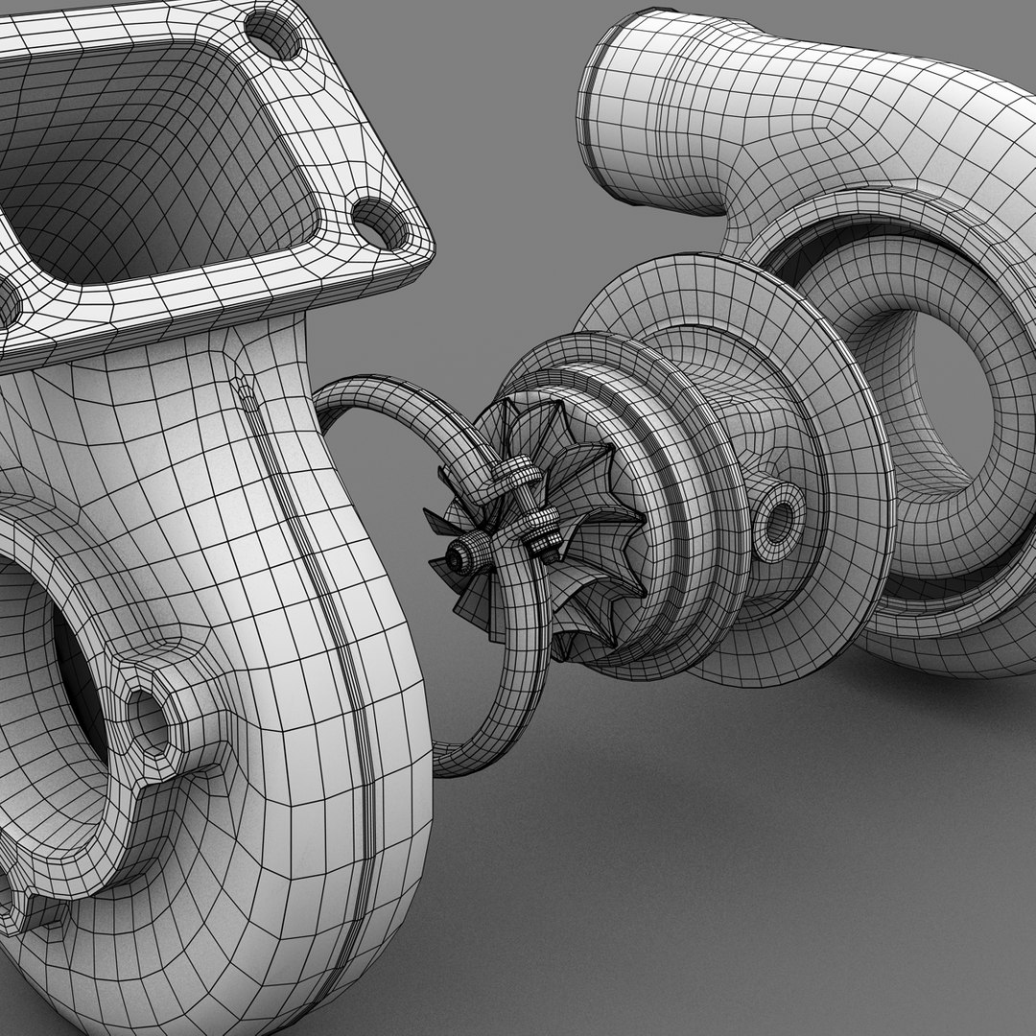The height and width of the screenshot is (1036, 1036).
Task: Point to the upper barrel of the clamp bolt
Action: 512,475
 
